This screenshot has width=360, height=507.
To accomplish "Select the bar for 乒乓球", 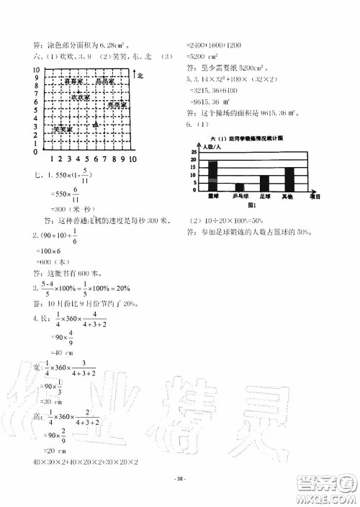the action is tap(239, 188).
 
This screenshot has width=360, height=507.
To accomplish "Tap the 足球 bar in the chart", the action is tap(264, 184).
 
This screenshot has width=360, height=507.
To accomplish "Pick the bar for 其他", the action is tap(289, 180).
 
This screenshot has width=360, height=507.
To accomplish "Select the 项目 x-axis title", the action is tap(314, 196).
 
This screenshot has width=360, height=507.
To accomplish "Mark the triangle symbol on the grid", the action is tap(95, 125).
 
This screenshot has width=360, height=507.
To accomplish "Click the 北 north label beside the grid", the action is tap(140, 75).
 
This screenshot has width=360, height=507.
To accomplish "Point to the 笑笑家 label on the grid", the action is tap(63, 129).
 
